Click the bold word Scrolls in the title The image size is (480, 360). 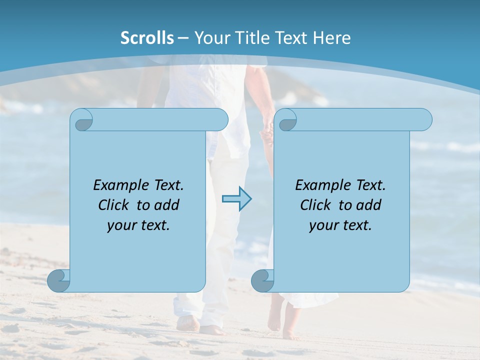click(x=147, y=38)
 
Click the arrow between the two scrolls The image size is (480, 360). click(x=237, y=199)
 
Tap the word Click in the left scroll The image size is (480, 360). click(x=109, y=205)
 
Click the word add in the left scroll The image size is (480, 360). click(x=167, y=205)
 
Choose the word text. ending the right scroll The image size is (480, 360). click(x=356, y=225)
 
